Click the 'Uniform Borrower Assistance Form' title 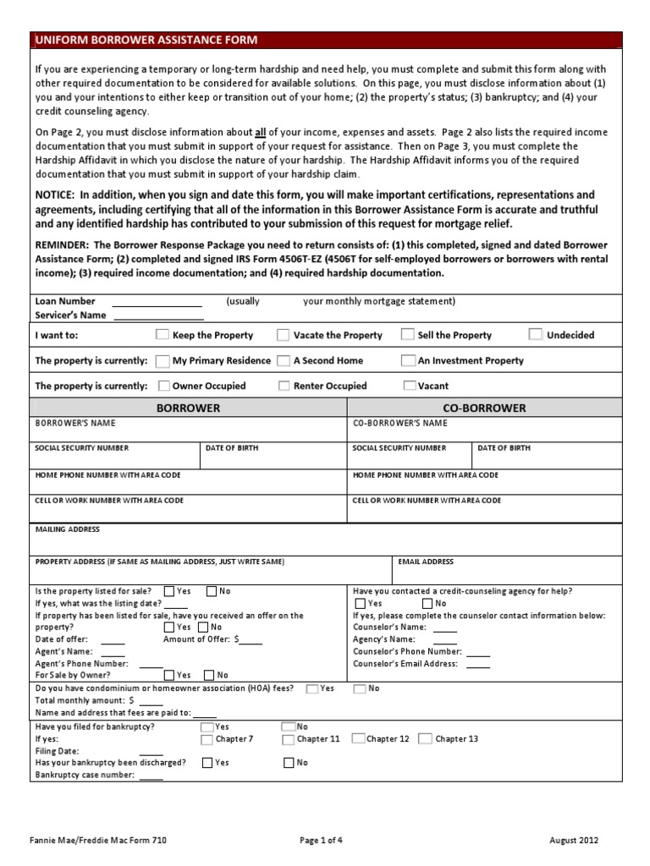[x=146, y=40]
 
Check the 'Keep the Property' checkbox [x=162, y=335]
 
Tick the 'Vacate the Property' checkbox [x=284, y=335]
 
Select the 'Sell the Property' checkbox [x=408, y=335]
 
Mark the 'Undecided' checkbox [x=536, y=335]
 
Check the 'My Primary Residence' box [x=163, y=360]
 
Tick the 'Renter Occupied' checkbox [x=284, y=386]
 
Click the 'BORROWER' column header [x=190, y=408]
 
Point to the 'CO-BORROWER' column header [x=485, y=408]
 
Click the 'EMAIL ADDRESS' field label [x=425, y=562]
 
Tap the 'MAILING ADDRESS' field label [x=67, y=529]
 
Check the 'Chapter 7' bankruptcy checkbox [x=207, y=739]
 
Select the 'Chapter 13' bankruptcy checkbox [x=425, y=739]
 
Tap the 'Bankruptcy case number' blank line [x=151, y=776]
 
